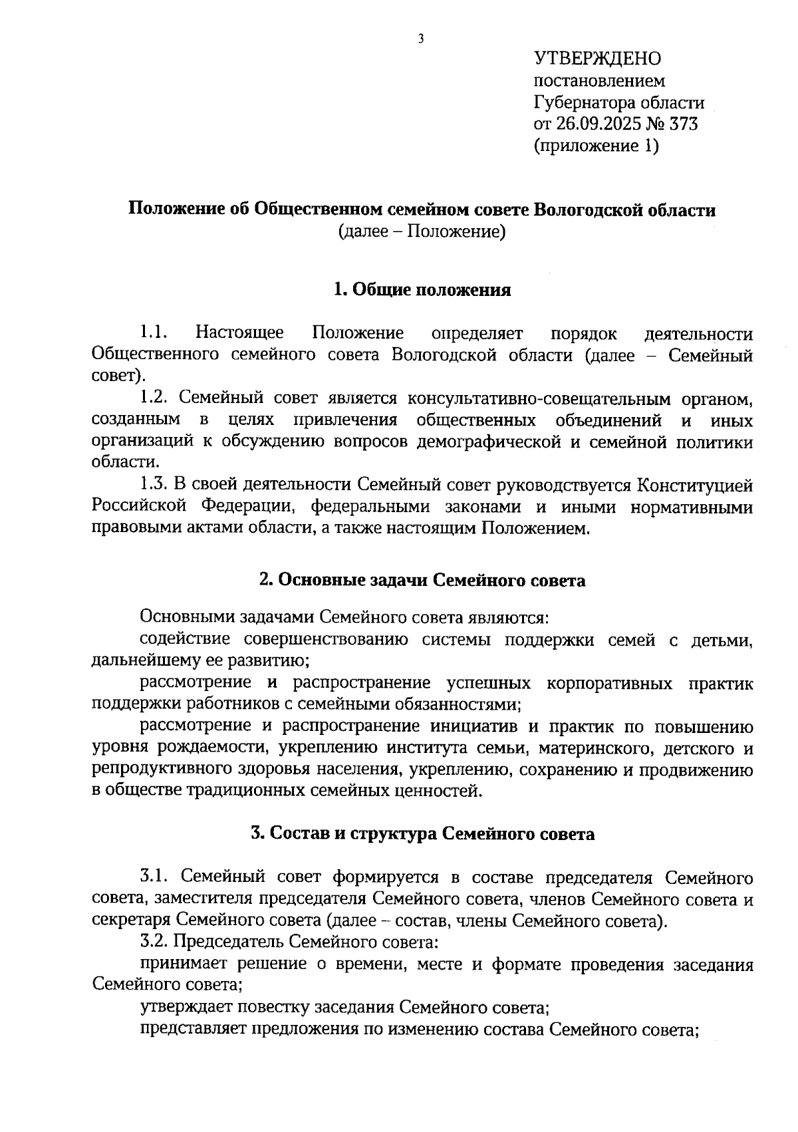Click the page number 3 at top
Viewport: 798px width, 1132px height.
420,39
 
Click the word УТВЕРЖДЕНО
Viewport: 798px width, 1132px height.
598,59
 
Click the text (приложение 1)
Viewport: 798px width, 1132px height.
596,146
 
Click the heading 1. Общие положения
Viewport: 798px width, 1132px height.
422,290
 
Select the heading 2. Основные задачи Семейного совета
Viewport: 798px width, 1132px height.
422,580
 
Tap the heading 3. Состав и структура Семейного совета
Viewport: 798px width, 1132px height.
422,833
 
